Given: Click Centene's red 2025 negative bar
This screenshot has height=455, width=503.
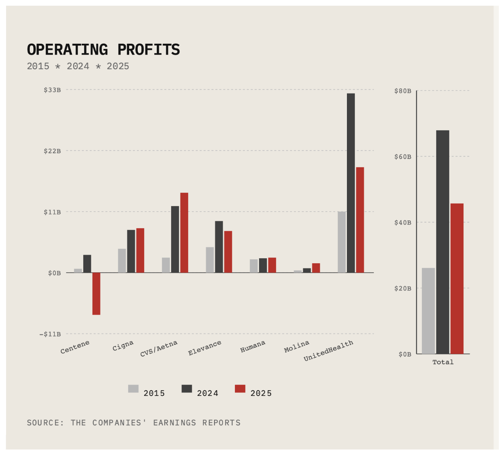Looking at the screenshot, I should coord(96,293).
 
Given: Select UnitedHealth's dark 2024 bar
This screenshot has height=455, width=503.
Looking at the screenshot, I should coord(351,183).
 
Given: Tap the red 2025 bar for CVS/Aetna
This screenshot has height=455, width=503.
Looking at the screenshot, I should coord(184,232).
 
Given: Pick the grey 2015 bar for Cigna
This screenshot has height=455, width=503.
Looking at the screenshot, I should coord(122,260).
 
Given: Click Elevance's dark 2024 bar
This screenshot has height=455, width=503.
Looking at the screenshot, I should coord(219,247).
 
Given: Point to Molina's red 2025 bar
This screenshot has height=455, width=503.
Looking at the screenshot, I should coord(316,268).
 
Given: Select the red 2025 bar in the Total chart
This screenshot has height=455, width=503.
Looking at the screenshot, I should coord(457,278).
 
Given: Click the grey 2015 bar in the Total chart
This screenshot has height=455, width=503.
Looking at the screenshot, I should coord(428,310).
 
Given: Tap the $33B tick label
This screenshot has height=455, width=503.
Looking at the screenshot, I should coord(52,90).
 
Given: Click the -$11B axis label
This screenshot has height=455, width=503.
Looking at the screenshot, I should coord(50,334).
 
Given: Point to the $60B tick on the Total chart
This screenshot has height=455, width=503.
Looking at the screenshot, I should coord(403,156).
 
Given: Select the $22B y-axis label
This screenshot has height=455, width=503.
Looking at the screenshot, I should coord(52,151).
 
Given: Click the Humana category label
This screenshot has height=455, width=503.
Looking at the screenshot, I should coord(252,347).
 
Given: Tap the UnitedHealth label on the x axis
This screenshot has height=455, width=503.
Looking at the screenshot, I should coord(328,350).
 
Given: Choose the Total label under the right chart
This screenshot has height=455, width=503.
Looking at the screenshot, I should coord(442,362).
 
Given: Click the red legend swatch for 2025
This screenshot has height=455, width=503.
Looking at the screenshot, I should coord(240,389).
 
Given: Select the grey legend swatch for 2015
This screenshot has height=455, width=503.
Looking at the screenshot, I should coord(133,389).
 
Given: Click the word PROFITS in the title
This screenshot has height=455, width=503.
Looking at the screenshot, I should coord(148,50).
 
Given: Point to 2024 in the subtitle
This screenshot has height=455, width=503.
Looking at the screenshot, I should coord(78,66).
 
